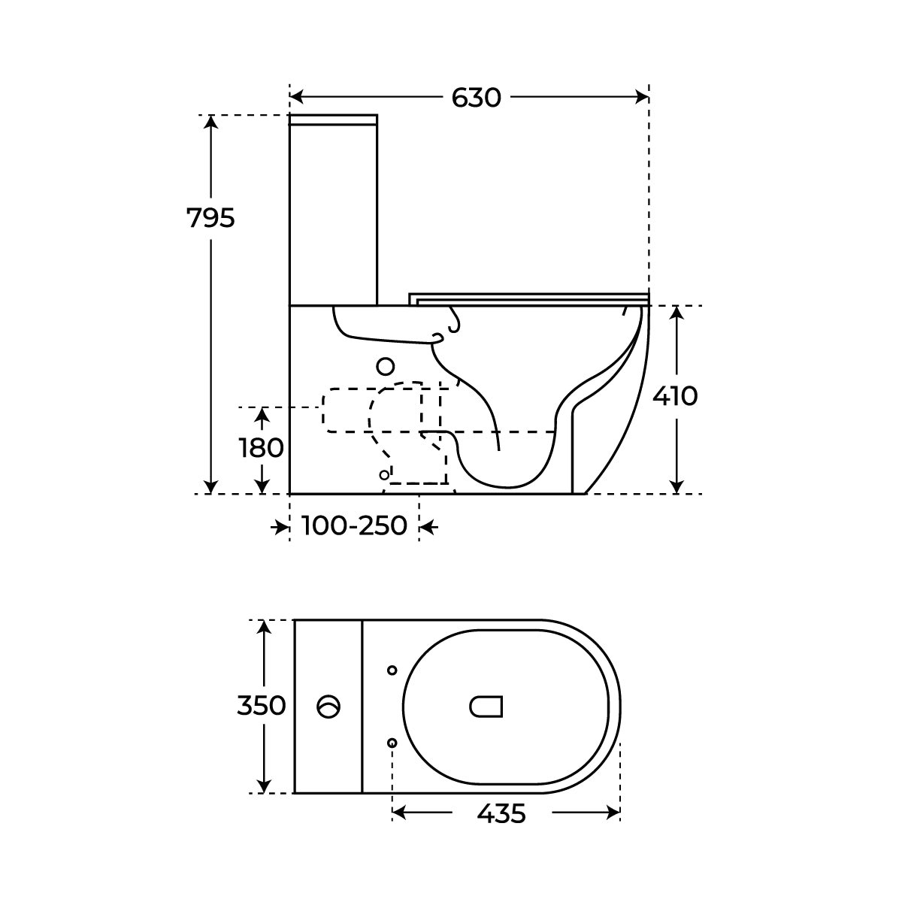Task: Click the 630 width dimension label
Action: click(476, 98)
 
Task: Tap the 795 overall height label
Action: click(210, 218)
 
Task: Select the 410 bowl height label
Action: click(675, 396)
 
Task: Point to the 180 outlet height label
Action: click(262, 447)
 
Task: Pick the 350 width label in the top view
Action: click(261, 705)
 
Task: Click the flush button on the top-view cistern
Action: click(328, 707)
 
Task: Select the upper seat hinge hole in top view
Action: click(392, 670)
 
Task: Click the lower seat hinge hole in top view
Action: click(392, 743)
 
